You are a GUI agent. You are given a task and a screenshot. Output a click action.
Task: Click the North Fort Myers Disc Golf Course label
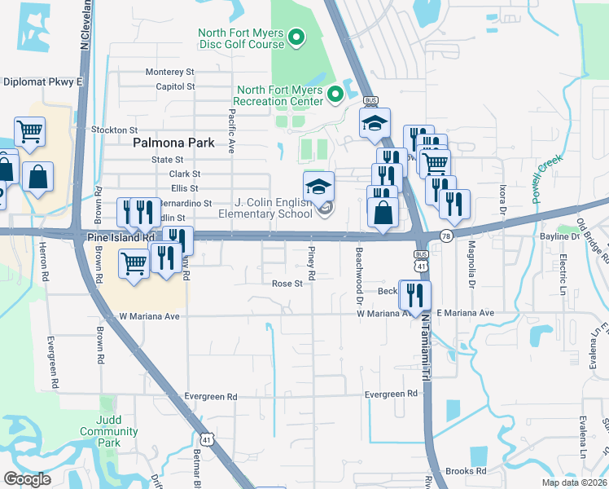pyautogui.click(x=240, y=38)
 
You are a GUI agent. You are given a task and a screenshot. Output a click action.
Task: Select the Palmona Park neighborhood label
pyautogui.click(x=173, y=143)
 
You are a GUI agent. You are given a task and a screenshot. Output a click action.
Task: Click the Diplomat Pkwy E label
pyautogui.click(x=44, y=81)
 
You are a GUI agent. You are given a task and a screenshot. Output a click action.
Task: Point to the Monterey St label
pyautogui.click(x=170, y=73)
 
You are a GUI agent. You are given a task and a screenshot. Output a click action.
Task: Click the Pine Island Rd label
pyautogui.click(x=120, y=237)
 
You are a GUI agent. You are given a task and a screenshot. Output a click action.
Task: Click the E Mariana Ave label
pyautogui.click(x=465, y=313)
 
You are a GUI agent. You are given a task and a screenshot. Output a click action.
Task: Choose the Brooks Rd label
pyautogui.click(x=466, y=471)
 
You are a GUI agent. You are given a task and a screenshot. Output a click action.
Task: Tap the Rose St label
pyautogui.click(x=287, y=284)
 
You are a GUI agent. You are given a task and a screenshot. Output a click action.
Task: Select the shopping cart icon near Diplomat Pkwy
pyautogui.click(x=29, y=130)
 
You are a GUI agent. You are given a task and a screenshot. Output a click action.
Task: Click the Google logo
pyautogui.click(x=27, y=479)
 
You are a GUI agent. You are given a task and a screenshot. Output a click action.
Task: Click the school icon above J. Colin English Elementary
pyautogui.click(x=318, y=185)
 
